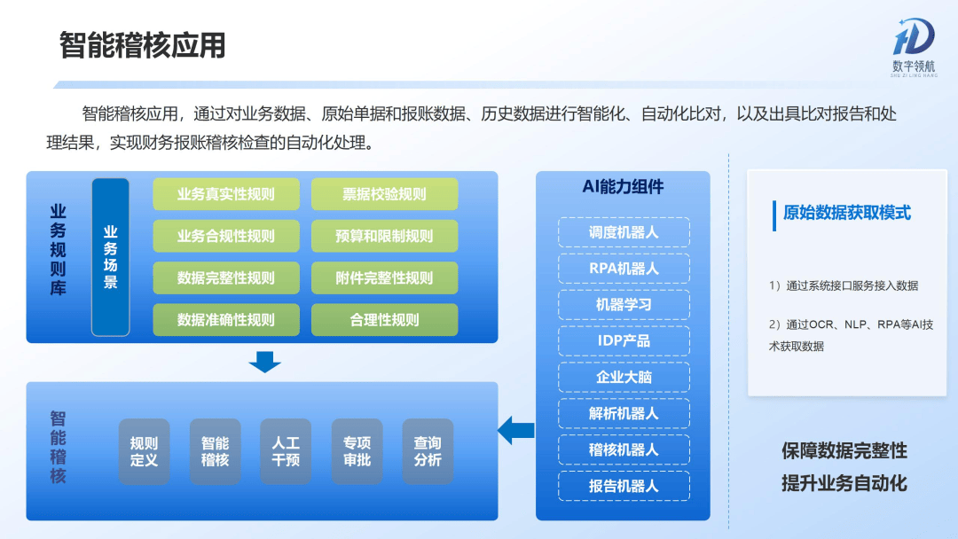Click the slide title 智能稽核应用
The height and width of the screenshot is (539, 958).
click(x=142, y=45)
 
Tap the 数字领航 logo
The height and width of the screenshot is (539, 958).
click(x=914, y=47)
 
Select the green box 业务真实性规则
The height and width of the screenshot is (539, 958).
click(x=226, y=194)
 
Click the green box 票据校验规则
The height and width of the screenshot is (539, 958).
click(x=384, y=194)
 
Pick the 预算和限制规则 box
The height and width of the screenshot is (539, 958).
click(x=384, y=236)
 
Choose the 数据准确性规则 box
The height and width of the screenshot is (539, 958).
click(x=226, y=320)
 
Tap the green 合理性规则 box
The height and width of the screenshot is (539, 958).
click(x=384, y=320)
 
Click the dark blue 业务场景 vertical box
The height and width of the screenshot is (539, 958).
click(x=111, y=257)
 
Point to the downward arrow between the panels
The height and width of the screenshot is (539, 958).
click(x=264, y=362)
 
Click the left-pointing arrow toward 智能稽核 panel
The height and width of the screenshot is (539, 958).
click(x=516, y=430)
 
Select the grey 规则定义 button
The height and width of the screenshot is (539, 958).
click(x=145, y=452)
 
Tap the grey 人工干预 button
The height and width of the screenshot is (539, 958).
click(x=286, y=452)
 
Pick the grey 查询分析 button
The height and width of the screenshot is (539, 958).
click(x=428, y=452)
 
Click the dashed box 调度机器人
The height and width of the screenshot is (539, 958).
click(x=624, y=232)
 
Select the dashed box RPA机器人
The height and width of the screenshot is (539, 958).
click(x=624, y=269)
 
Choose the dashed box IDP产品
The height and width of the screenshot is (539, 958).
click(x=624, y=341)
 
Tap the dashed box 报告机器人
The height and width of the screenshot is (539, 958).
click(x=624, y=487)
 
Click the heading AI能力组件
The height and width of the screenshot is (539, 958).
click(x=624, y=187)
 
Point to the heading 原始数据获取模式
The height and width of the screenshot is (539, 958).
click(x=847, y=213)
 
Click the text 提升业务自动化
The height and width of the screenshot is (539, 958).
click(x=844, y=483)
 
